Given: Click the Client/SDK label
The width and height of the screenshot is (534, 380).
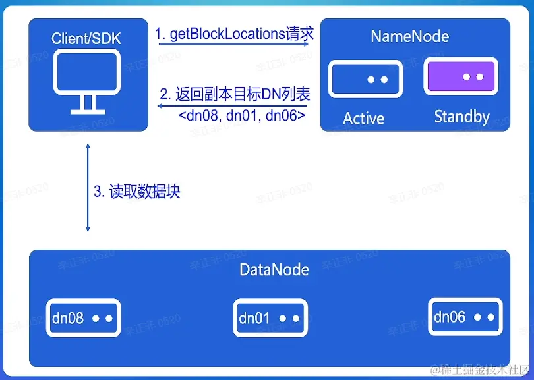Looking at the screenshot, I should (x=86, y=39).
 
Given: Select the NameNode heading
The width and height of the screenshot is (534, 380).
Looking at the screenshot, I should (x=410, y=36).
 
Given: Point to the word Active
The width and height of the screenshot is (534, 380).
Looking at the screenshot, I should (x=364, y=119).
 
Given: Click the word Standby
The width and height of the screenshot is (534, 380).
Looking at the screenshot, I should (x=461, y=117).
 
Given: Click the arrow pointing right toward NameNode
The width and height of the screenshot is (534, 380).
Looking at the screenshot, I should (x=234, y=45).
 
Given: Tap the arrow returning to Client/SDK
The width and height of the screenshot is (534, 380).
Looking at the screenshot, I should (x=234, y=105).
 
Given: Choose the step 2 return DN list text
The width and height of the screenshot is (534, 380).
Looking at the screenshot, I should (x=235, y=94).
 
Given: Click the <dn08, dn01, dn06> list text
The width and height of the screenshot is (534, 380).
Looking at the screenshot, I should (x=241, y=115).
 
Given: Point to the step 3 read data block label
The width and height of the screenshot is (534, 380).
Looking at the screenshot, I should (x=136, y=192).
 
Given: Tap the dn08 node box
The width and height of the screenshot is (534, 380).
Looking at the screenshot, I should (x=83, y=318).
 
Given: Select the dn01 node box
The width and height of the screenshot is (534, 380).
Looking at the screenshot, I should (x=270, y=319).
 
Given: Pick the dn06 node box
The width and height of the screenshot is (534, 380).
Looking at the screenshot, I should (x=465, y=317).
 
